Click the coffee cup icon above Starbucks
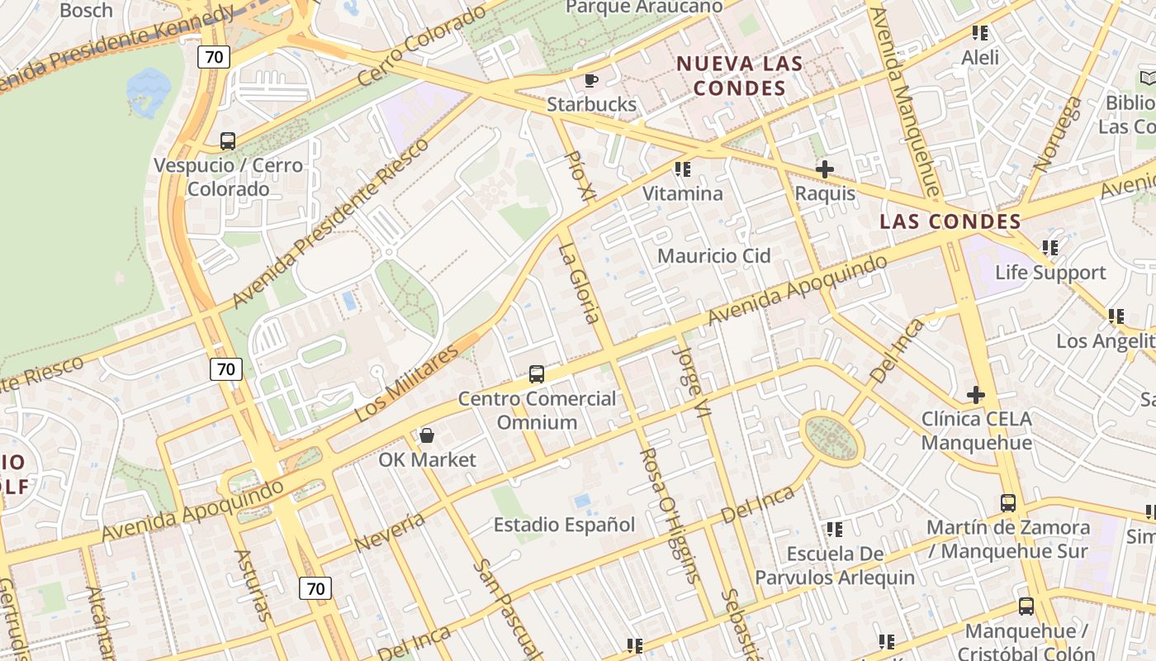pyautogui.click(x=591, y=80)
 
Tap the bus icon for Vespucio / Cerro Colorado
pyautogui.click(x=228, y=141)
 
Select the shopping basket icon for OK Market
pyautogui.click(x=427, y=435)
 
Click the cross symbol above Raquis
pyautogui.click(x=824, y=169)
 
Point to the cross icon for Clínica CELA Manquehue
pyautogui.click(x=976, y=395)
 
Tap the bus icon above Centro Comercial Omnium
pyautogui.click(x=537, y=374)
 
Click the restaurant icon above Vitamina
pyautogui.click(x=682, y=169)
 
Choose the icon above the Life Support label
pyautogui.click(x=1049, y=248)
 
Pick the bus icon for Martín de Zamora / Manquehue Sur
pyautogui.click(x=1007, y=502)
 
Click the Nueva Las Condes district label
pyautogui.click(x=739, y=76)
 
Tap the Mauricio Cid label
pyautogui.click(x=713, y=256)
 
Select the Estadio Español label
pyautogui.click(x=564, y=525)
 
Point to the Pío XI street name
pyautogui.click(x=579, y=176)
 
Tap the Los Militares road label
pyautogui.click(x=406, y=384)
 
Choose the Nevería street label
pyautogui.click(x=389, y=532)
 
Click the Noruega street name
pyautogui.click(x=1057, y=134)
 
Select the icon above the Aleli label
pyautogui.click(x=980, y=33)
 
